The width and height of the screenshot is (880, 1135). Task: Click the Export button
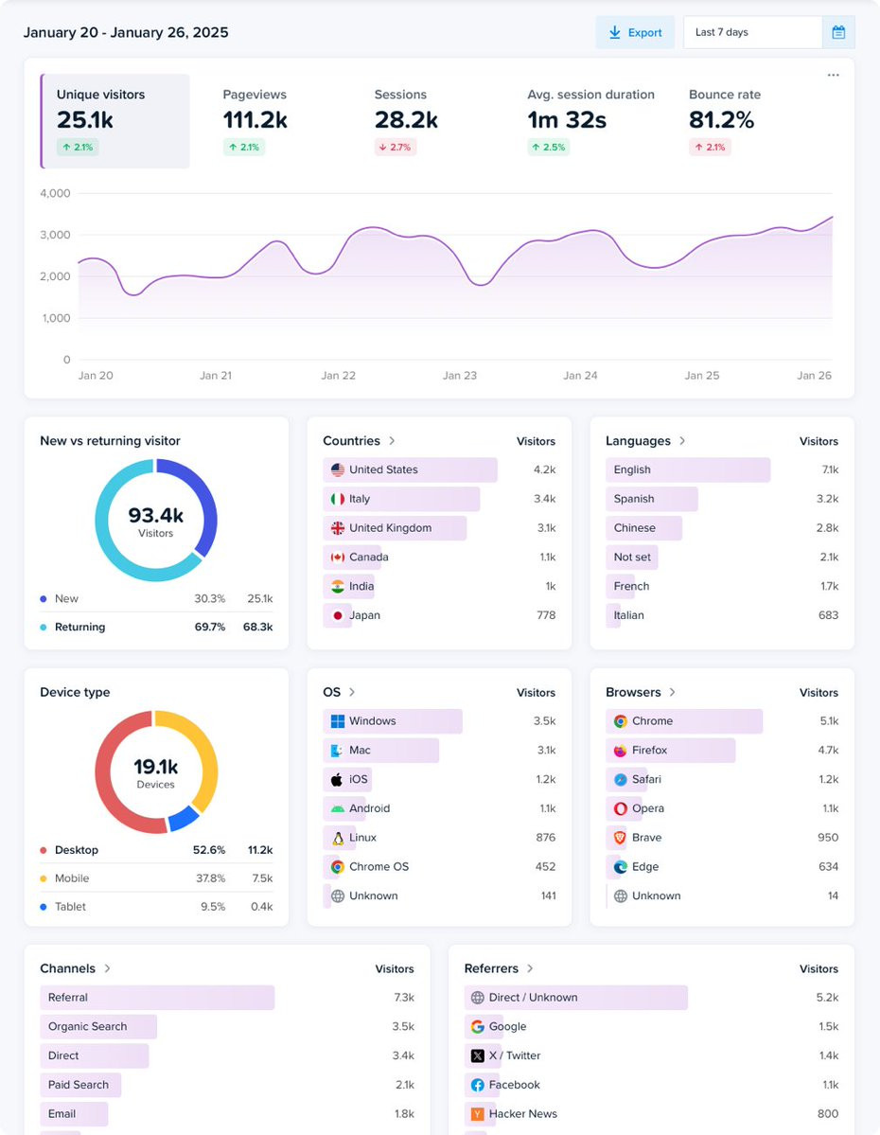635,32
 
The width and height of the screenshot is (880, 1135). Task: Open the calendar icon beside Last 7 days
838,32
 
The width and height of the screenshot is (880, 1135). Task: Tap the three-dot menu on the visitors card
833,76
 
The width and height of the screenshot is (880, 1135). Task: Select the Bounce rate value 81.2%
721,120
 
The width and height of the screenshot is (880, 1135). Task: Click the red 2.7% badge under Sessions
396,148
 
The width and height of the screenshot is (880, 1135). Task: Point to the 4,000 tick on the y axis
55,193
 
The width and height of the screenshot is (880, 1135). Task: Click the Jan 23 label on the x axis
460,376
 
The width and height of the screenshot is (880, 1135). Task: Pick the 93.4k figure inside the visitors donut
156,516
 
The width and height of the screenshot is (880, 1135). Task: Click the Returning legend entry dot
44,628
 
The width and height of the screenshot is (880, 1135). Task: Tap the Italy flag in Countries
338,499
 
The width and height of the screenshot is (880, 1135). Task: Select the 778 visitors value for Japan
545,615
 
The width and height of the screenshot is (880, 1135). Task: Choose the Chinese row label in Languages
634,528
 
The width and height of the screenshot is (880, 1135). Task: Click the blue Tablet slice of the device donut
183,817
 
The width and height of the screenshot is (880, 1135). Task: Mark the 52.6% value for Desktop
209,850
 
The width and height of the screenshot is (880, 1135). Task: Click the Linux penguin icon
338,838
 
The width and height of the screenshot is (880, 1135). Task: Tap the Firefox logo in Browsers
621,751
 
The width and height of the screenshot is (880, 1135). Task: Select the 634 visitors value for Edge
828,867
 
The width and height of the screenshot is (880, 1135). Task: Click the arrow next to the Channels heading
108,968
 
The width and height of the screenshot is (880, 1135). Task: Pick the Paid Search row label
79,1085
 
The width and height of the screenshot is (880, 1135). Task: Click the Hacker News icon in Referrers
478,1114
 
